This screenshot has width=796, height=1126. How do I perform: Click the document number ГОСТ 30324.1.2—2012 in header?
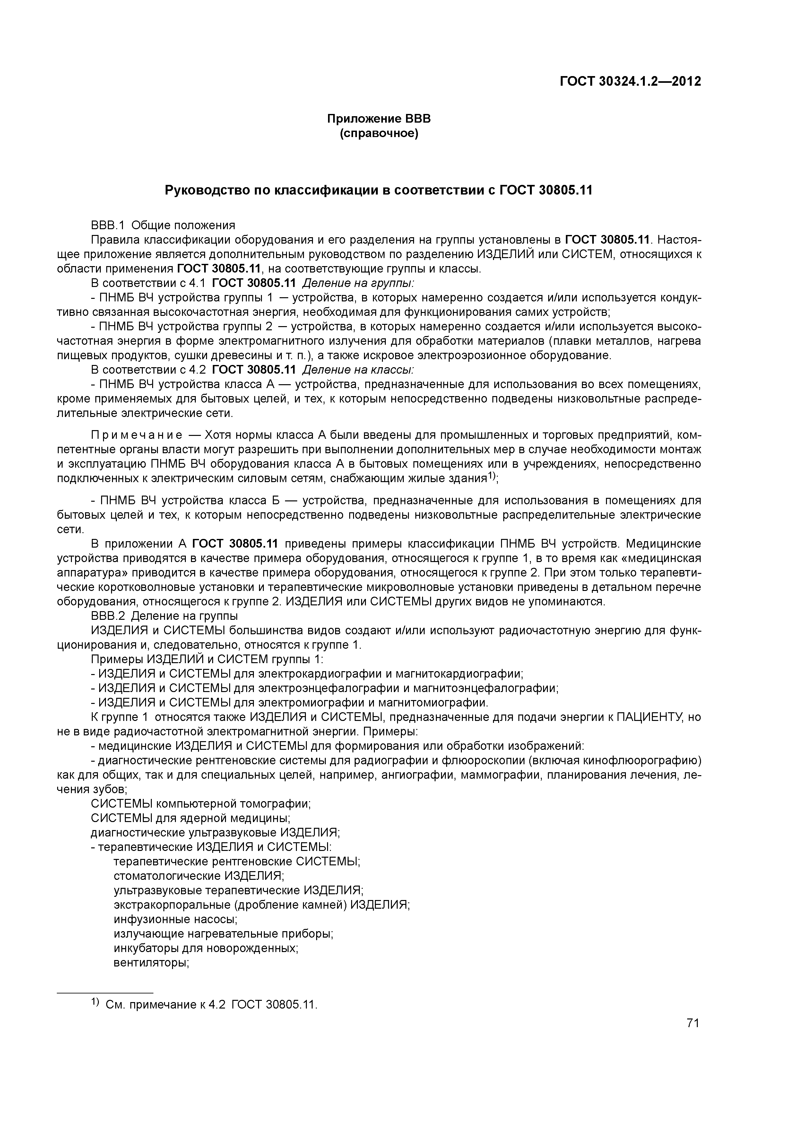click(630, 82)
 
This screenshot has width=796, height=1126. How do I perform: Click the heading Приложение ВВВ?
click(379, 119)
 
